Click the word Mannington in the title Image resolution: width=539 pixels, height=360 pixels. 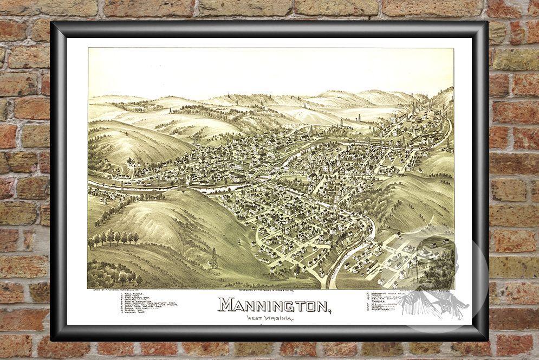coord(273,305)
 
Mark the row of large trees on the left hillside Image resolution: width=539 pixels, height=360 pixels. coord(114,237)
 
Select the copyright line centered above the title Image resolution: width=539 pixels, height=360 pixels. coord(270,290)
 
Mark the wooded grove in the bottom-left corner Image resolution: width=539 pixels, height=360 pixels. coord(108,274)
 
